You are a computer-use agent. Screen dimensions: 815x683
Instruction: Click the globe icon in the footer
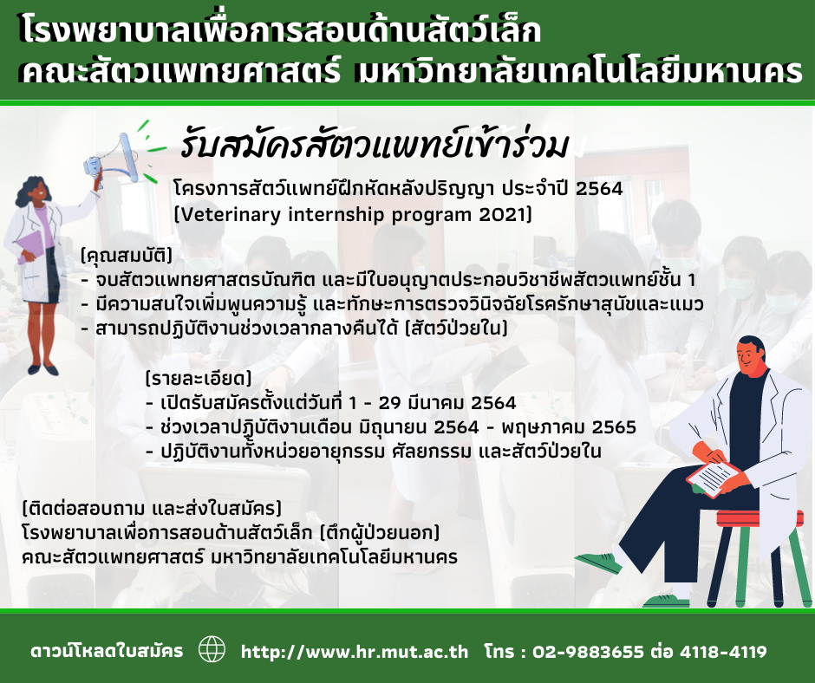click(212, 650)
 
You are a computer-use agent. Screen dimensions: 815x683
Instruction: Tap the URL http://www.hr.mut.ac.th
click(355, 652)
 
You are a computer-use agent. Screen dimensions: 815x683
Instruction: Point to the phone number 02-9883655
click(588, 652)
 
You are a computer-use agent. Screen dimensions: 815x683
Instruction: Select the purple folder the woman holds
click(30, 247)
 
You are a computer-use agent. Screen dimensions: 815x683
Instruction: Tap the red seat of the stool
click(760, 518)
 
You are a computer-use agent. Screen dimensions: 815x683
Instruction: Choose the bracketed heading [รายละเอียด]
click(199, 378)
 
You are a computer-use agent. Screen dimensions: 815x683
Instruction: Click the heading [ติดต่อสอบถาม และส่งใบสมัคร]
click(152, 507)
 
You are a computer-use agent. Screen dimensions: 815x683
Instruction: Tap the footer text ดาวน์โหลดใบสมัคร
click(107, 651)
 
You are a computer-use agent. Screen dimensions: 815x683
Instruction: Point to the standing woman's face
click(39, 191)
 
